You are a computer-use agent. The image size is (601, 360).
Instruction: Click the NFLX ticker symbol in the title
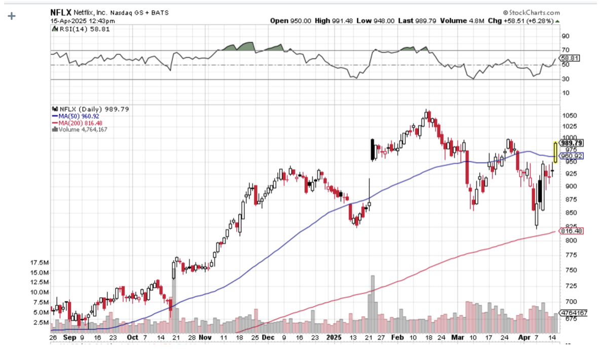point(60,12)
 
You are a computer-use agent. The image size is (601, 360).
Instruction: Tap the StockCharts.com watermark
point(531,12)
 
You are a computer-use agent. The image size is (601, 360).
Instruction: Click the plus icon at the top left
point(12,16)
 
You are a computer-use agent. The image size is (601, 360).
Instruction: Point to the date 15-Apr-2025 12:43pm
point(83,21)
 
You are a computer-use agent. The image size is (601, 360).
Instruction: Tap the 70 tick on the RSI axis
point(565,50)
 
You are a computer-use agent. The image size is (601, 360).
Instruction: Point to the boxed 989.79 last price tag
point(572,143)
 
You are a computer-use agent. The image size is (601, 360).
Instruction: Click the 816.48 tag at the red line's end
point(571,231)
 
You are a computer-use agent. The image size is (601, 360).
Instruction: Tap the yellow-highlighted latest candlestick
point(555,152)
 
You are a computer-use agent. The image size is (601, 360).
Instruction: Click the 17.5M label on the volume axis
point(39,263)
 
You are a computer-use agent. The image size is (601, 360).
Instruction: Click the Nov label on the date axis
point(205,337)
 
